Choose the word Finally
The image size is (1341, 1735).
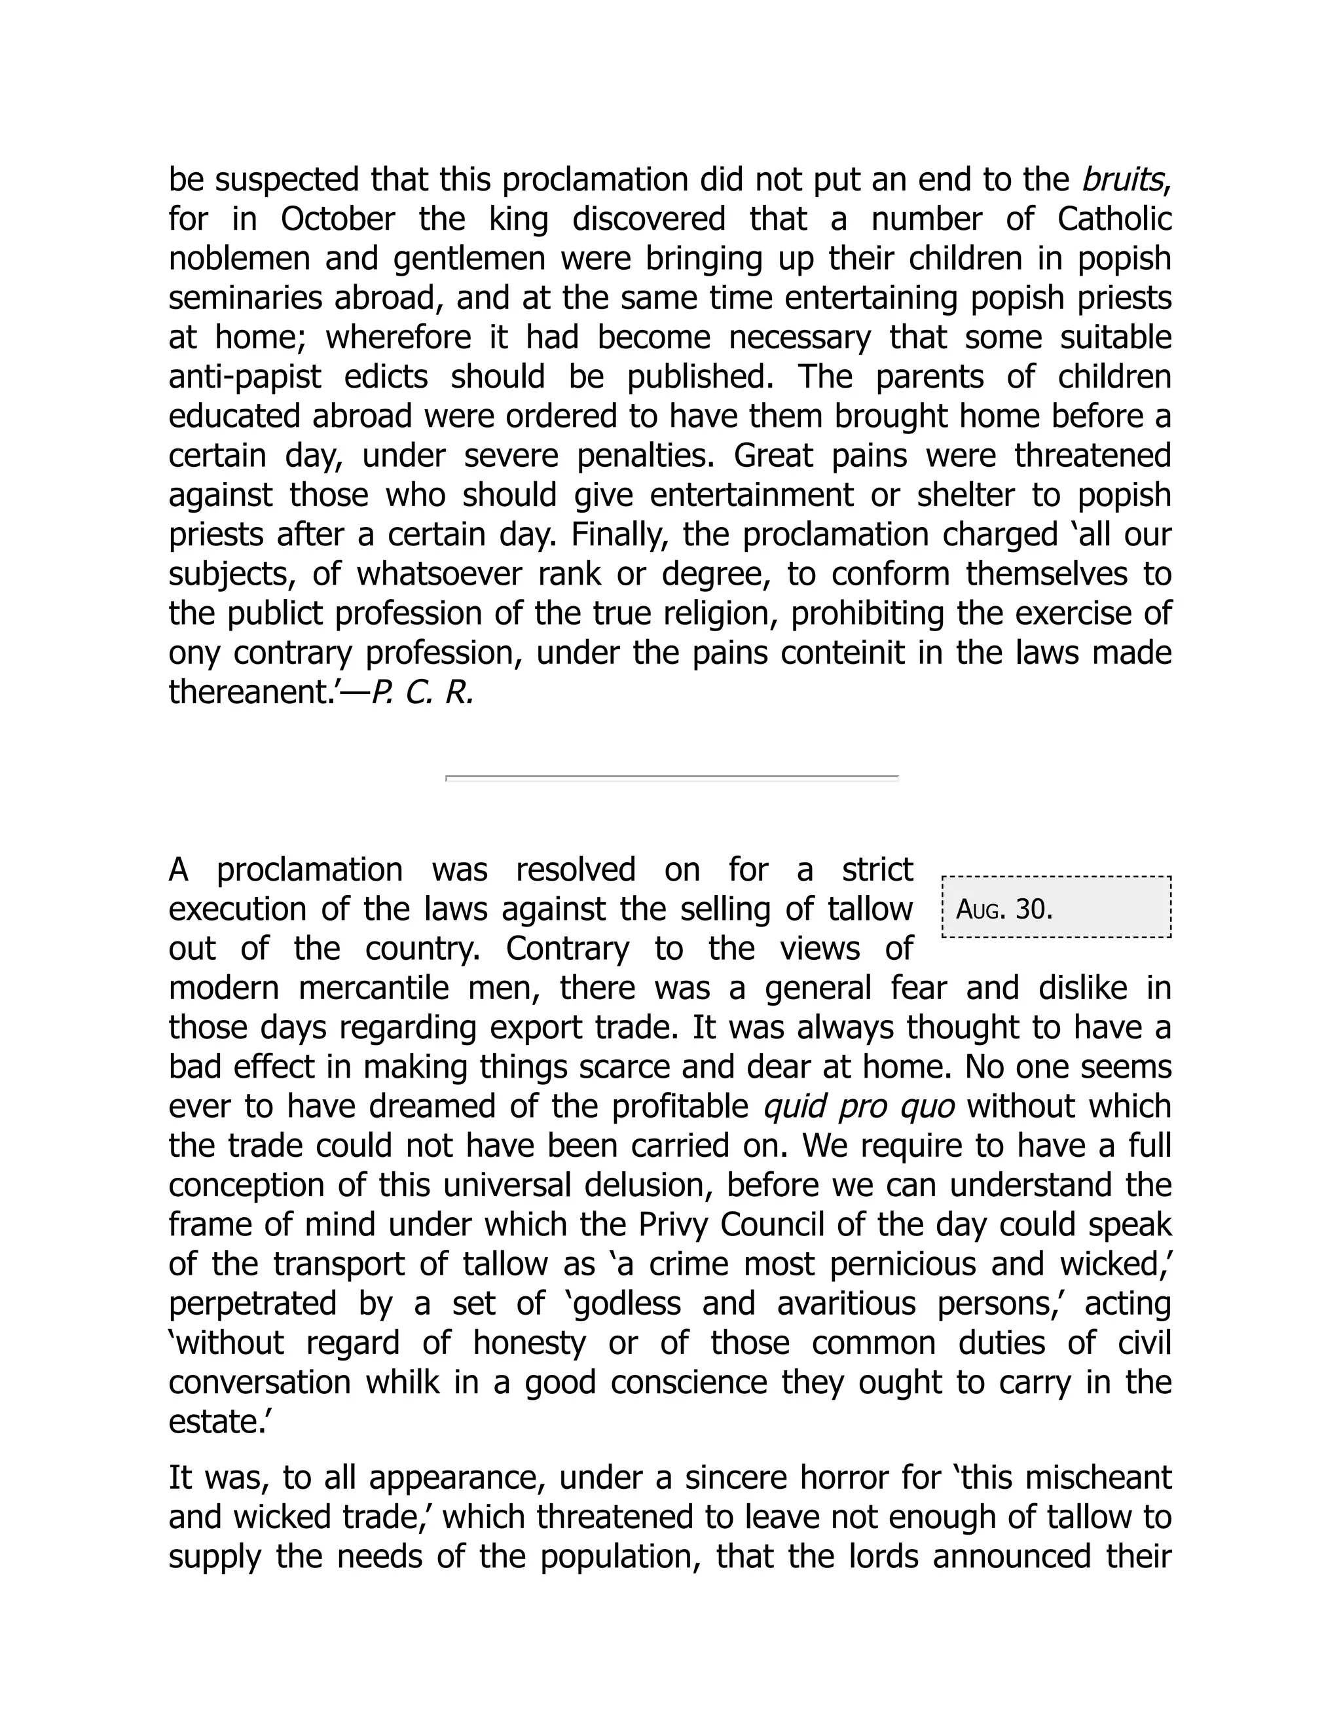click(614, 535)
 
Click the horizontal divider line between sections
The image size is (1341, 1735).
click(671, 778)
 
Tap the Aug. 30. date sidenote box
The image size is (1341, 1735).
click(1056, 907)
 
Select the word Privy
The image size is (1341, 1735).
click(672, 1225)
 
